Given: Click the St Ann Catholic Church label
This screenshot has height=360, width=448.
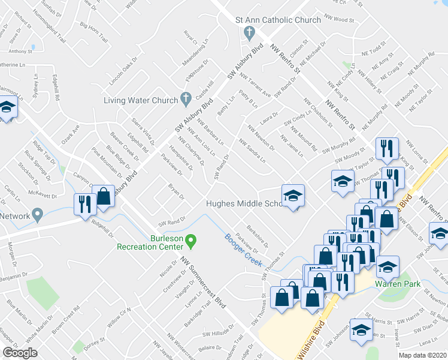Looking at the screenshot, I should click(279, 20).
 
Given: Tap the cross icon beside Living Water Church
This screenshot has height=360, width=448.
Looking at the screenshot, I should click(186, 99).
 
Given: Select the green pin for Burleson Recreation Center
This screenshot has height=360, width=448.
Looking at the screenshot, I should click(191, 241).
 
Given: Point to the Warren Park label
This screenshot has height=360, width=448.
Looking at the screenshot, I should click(392, 283).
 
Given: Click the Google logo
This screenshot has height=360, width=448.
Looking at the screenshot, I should click(20, 352).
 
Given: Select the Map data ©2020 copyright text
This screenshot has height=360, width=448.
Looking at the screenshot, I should click(423, 355).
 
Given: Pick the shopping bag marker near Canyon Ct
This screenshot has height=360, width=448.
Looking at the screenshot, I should click(104, 196).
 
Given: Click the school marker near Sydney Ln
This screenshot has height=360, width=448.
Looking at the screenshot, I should click(7, 108).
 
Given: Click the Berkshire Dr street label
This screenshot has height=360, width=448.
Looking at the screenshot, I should click(259, 234).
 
